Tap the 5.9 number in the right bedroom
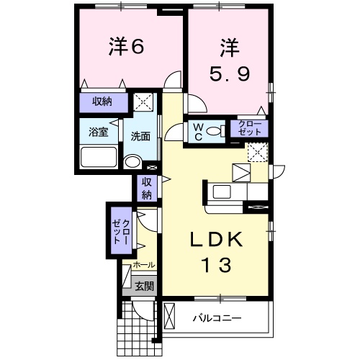[x=228, y=73]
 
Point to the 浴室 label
[x=98, y=132]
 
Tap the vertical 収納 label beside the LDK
[x=146, y=188]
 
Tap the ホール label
[x=144, y=266]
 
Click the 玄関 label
[x=144, y=286]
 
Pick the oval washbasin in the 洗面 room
[x=131, y=162]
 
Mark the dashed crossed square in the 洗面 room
[x=146, y=102]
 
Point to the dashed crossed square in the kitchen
[x=258, y=153]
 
